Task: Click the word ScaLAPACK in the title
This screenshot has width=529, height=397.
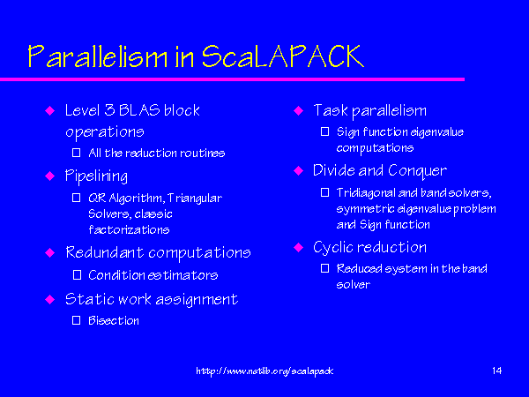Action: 283,56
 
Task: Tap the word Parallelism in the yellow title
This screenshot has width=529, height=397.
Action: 98,56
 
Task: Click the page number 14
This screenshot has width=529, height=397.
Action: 496,371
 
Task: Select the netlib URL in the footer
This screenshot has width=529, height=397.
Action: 264,371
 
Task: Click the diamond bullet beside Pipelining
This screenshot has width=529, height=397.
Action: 50,176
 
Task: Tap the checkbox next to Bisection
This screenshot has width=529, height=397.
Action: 76,320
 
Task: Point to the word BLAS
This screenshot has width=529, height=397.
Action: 139,110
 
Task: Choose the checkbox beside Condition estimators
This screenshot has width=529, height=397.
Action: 77,275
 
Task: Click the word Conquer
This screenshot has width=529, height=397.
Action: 417,171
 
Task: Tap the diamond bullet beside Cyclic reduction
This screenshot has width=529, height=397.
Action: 299,247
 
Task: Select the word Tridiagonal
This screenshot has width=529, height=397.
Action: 366,193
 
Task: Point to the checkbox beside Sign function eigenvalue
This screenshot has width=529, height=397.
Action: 324,131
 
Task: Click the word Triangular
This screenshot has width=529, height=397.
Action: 195,198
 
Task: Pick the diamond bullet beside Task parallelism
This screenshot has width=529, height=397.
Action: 299,110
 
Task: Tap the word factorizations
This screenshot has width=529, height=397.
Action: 129,230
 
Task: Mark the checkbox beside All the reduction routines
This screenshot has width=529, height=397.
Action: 76,153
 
